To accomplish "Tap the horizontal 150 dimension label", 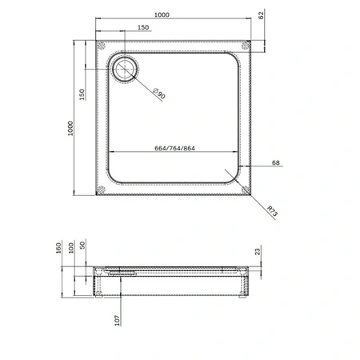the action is click(143, 27).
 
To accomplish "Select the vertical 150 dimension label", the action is click(82, 94).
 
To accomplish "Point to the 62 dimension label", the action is click(262, 15).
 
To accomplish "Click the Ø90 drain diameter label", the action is click(159, 94).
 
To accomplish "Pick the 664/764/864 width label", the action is click(174, 148).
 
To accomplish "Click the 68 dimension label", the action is click(276, 162).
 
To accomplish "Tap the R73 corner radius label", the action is click(273, 210).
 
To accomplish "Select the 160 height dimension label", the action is click(58, 248).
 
